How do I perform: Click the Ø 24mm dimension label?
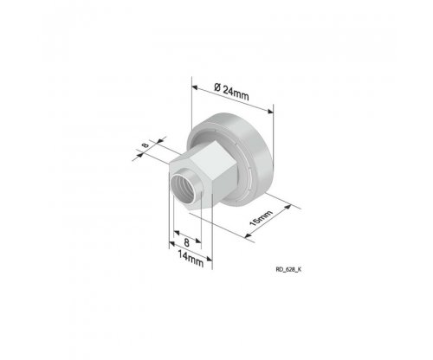pyautogui.click(x=231, y=92)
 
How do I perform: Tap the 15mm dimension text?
pyautogui.click(x=261, y=218)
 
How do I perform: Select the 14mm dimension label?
pyautogui.click(x=191, y=259)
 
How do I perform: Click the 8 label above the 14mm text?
pyautogui.click(x=187, y=242)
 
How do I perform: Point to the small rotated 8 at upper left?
pyautogui.click(x=145, y=145)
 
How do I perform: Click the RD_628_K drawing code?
pyautogui.click(x=288, y=270)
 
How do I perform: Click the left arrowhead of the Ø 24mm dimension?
pyautogui.click(x=195, y=87)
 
